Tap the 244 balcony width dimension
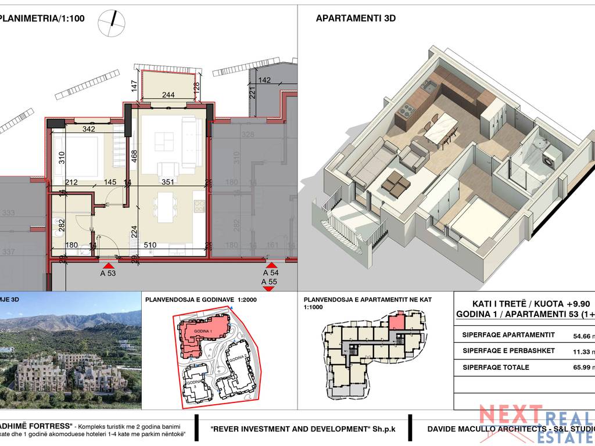coord(168,95)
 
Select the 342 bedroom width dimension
coord(89,129)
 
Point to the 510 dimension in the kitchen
coord(149,245)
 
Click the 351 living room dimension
coord(168,182)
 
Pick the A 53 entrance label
coord(108,273)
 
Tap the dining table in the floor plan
coord(166,207)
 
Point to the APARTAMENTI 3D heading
coord(356,18)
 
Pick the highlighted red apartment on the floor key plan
coord(396,321)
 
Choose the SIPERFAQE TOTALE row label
coord(496,367)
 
